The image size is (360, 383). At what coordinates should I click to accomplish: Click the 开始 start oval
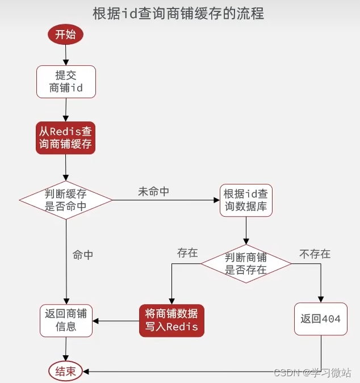(x=65, y=35)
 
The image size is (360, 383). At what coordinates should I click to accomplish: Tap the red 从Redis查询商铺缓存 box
(x=65, y=137)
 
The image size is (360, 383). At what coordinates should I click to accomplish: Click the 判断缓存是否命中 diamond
(x=66, y=200)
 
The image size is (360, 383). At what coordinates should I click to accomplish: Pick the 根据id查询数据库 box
(x=245, y=199)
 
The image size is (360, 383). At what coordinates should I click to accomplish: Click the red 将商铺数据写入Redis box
(x=171, y=321)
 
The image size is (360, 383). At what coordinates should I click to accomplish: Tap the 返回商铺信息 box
(x=66, y=321)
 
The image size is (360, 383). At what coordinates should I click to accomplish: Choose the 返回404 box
(x=320, y=319)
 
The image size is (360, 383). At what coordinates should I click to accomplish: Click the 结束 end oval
(x=66, y=372)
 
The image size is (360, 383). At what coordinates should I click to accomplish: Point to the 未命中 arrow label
(x=153, y=192)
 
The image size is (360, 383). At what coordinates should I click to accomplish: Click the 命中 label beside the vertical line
(x=83, y=255)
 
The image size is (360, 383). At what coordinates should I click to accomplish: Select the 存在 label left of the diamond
(x=187, y=253)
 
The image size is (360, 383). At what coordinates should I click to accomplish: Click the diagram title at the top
(x=178, y=13)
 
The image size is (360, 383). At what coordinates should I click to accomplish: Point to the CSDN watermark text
(x=312, y=372)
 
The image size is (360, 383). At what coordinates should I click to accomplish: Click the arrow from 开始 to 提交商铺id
(x=66, y=54)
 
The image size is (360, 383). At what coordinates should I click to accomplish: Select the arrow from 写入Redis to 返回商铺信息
(x=116, y=321)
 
